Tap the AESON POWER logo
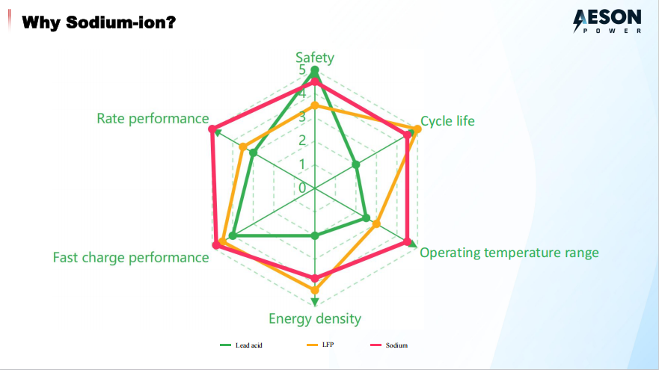(607, 22)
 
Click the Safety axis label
(315, 58)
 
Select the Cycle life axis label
(447, 120)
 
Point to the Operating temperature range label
(509, 252)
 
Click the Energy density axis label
(315, 318)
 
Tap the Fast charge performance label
(131, 257)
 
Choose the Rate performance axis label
(153, 118)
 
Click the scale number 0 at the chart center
(303, 188)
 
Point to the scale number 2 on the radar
(303, 141)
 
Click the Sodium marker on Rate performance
(213, 129)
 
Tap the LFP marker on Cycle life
(417, 129)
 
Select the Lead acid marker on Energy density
(315, 236)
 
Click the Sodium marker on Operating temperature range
(408, 242)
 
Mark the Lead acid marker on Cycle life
(356, 164)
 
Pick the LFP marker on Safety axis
(315, 106)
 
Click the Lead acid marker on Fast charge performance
(233, 236)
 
